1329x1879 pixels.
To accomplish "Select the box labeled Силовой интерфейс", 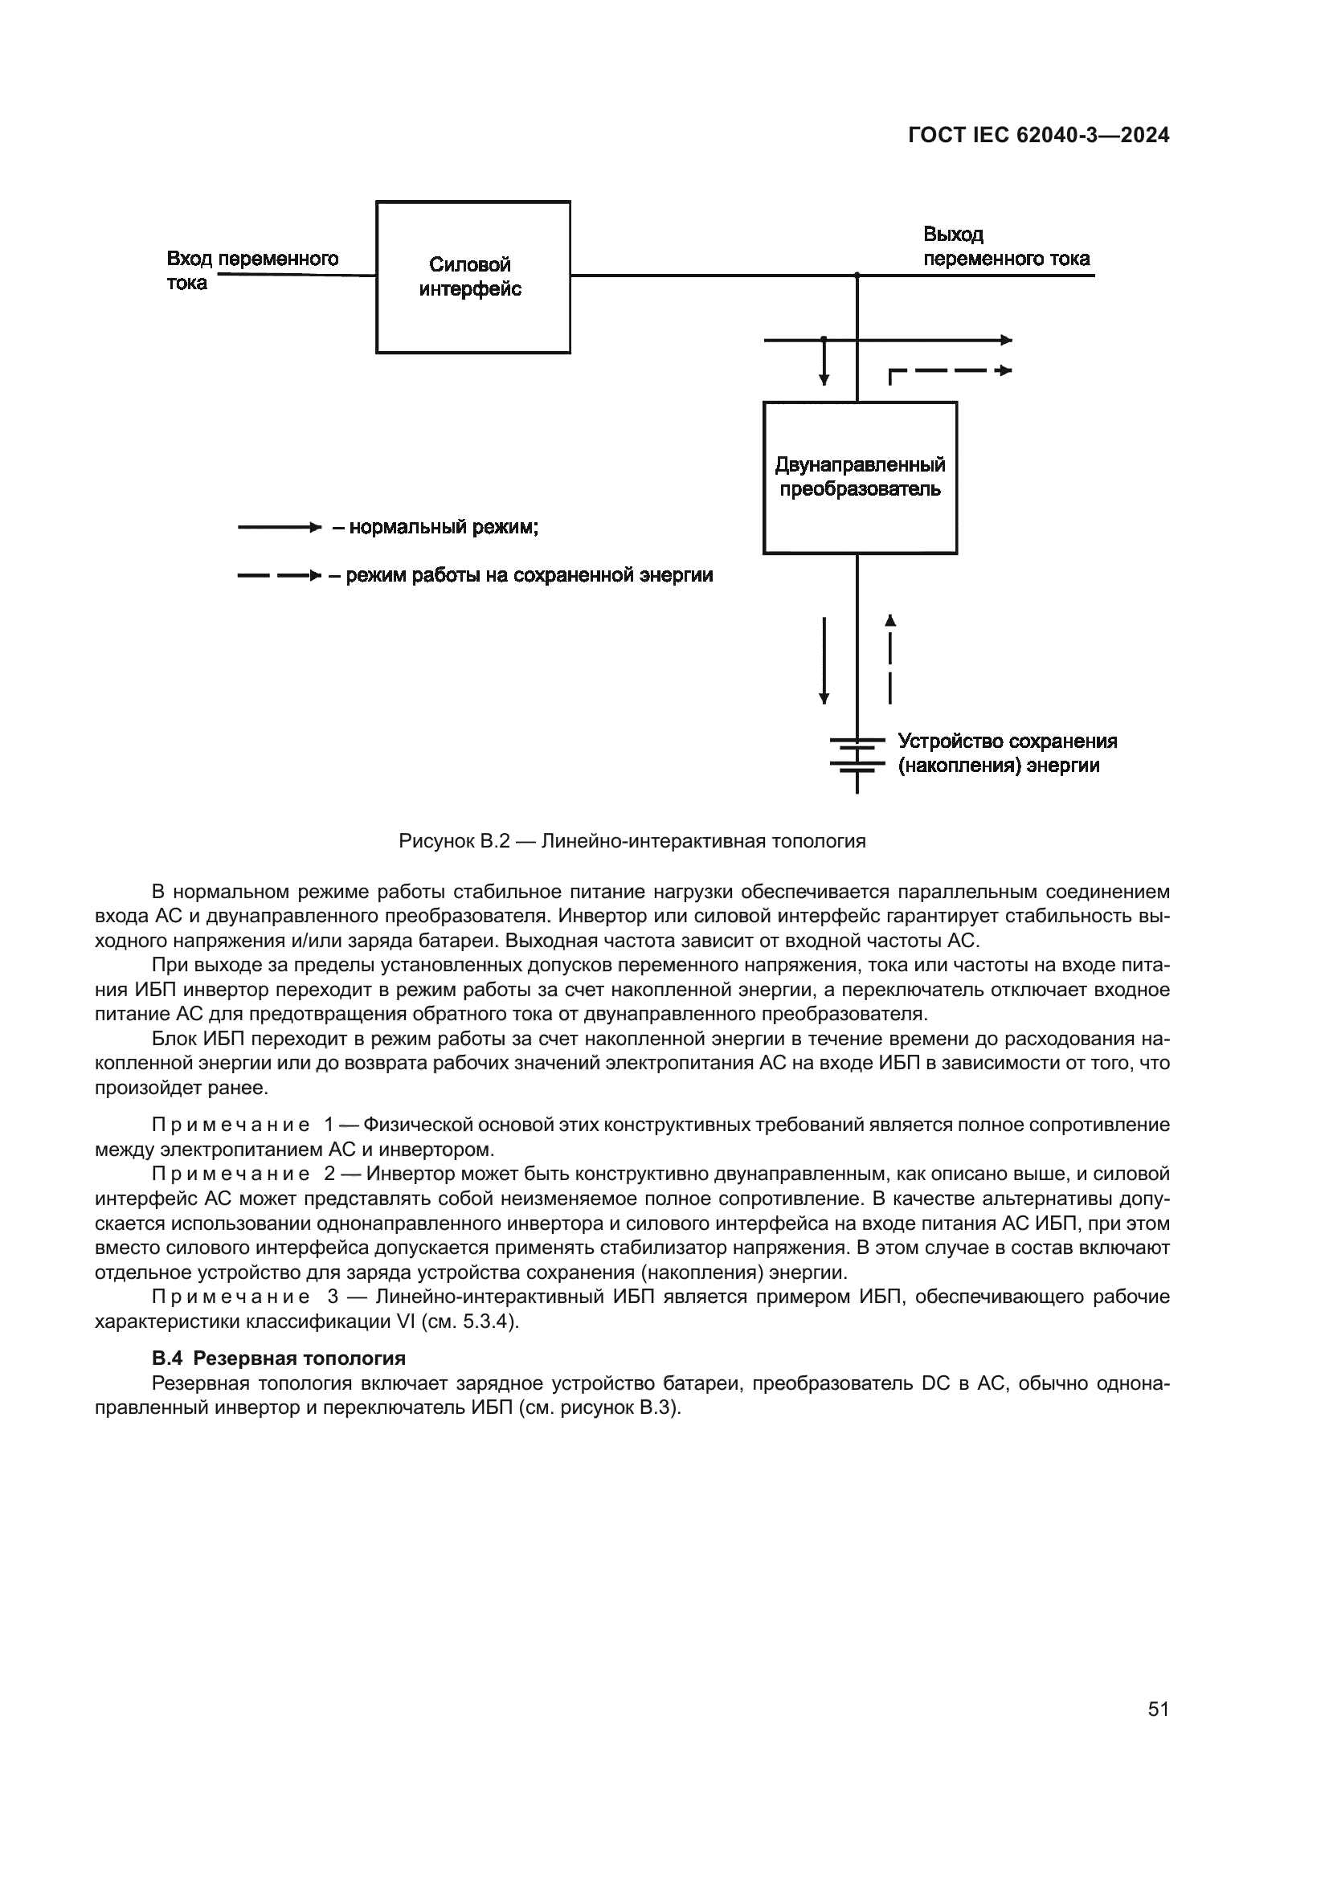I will click(473, 276).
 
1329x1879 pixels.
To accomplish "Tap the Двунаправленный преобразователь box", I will click(859, 477).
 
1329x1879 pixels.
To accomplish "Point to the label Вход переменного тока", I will click(252, 270).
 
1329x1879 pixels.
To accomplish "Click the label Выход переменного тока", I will click(1006, 247).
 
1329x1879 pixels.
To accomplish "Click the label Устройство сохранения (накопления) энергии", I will click(1007, 753).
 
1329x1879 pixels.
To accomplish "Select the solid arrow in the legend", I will click(279, 528).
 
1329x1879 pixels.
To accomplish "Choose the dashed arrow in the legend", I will click(279, 576).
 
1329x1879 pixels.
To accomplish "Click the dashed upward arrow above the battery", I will click(890, 659).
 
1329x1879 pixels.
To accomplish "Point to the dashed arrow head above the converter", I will click(1005, 370).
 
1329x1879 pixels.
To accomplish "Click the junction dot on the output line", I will click(857, 276).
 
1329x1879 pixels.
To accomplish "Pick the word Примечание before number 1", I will click(231, 1125).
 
